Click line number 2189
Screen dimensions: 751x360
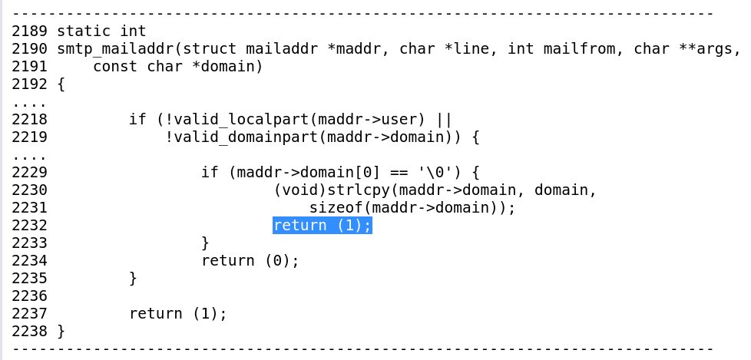30,31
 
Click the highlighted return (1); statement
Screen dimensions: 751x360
323,225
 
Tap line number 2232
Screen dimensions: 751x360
30,225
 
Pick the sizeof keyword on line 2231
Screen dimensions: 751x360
336,207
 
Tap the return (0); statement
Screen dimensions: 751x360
250,260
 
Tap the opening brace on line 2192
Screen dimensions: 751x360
61,84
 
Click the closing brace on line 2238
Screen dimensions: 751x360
61,331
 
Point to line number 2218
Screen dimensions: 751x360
30,120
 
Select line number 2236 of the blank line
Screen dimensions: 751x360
30,296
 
